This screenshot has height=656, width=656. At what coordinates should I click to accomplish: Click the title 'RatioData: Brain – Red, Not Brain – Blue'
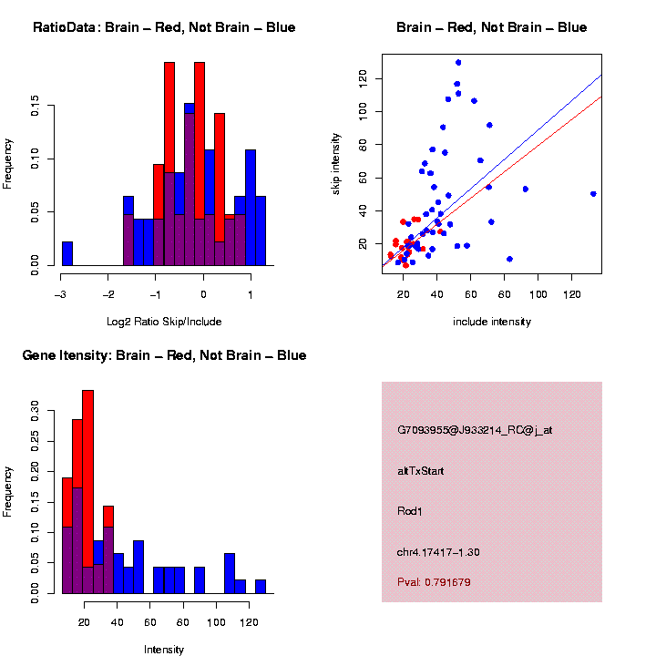(x=164, y=27)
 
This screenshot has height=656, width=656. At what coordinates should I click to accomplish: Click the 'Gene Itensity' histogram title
(x=164, y=355)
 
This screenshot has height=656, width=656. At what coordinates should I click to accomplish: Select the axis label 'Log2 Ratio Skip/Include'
(x=164, y=322)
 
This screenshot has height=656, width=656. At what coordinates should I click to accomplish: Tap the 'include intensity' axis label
(x=492, y=322)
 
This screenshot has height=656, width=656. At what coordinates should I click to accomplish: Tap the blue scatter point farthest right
(x=593, y=194)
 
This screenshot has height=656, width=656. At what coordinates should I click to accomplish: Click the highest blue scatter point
(x=458, y=63)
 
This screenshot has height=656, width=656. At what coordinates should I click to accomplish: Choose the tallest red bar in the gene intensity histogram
(x=88, y=492)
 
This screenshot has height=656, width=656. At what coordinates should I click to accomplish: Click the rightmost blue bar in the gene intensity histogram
(x=261, y=586)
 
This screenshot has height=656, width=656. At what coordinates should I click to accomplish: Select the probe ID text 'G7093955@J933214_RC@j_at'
(x=475, y=430)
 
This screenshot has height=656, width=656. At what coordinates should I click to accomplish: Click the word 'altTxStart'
(x=421, y=471)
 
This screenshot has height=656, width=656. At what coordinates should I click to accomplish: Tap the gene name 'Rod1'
(x=410, y=511)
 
